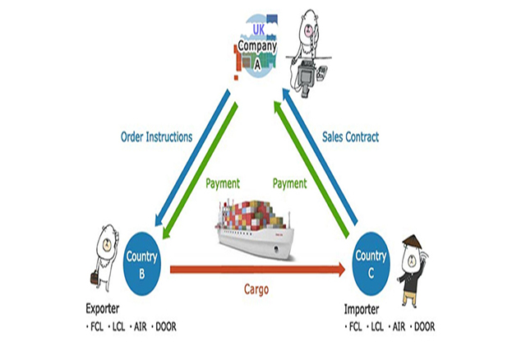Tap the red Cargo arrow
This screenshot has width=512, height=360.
[255, 268]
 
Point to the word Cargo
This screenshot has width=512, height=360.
[255, 288]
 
